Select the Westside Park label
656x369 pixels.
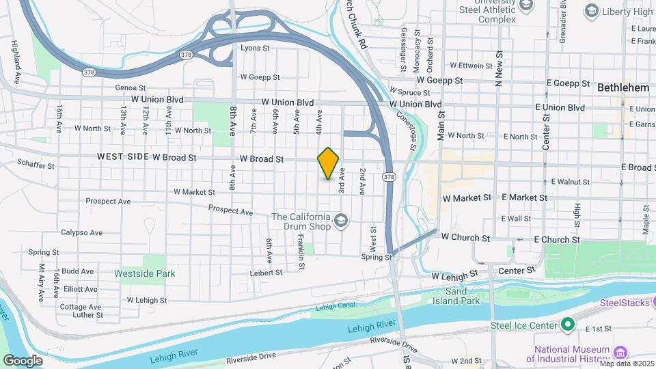[144, 273]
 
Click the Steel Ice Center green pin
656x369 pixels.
[566, 325]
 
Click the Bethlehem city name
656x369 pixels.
[623, 88]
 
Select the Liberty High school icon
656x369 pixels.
[592, 11]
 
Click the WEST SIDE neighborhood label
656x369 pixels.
[123, 157]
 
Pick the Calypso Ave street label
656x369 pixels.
[81, 232]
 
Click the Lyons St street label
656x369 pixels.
[255, 49]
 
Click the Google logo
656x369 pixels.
[23, 360]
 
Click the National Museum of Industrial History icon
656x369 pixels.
[620, 352]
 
